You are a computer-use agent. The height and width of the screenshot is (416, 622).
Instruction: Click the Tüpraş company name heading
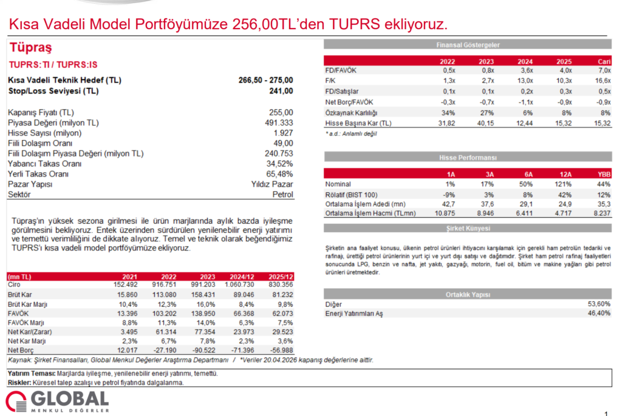(30, 48)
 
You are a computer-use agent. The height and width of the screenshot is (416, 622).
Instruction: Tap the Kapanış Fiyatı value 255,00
(281, 112)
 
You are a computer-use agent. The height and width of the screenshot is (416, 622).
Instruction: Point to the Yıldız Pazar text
(272, 184)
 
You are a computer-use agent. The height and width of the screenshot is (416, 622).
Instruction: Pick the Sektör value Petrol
(283, 195)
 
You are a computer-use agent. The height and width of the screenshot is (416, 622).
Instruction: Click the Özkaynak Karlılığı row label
(352, 113)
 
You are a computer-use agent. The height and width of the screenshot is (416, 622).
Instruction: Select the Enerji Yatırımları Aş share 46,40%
(598, 313)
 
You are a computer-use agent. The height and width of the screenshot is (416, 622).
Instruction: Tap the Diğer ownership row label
(333, 304)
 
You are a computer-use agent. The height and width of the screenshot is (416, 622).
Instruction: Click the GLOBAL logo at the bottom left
(57, 400)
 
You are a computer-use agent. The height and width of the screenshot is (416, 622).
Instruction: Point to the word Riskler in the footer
(19, 383)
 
